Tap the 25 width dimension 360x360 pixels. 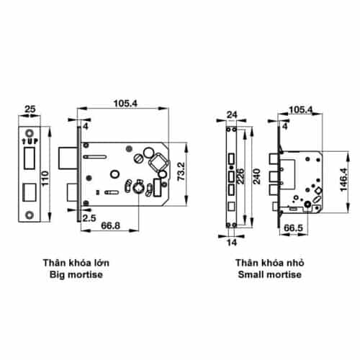[28, 110]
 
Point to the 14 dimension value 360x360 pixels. [232, 243]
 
